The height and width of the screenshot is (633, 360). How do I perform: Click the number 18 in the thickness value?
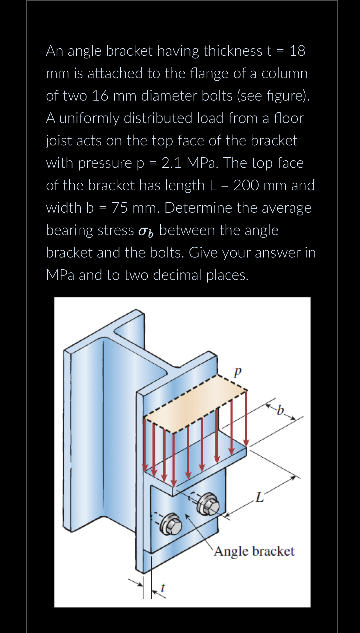(297, 51)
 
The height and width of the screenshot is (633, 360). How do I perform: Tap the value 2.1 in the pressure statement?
(171, 163)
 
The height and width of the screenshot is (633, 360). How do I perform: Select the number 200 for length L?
(246, 185)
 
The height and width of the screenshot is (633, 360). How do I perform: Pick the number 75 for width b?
(119, 208)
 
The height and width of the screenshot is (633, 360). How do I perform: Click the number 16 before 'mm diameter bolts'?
(100, 96)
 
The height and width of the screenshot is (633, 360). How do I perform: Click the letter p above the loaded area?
(237, 371)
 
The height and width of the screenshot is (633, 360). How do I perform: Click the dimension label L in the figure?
(259, 497)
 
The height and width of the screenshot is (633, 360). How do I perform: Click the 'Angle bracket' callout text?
(254, 551)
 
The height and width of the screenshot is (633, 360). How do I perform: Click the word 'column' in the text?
(284, 73)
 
